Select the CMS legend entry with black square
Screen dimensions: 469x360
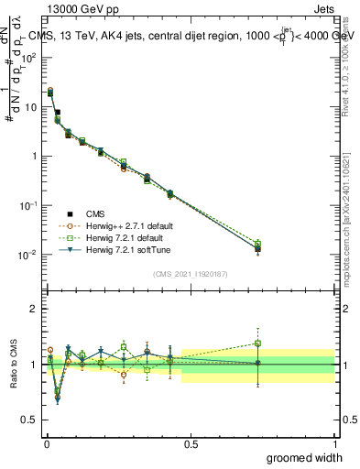pos(79,212)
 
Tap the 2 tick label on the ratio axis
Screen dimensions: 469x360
pos(33,309)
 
